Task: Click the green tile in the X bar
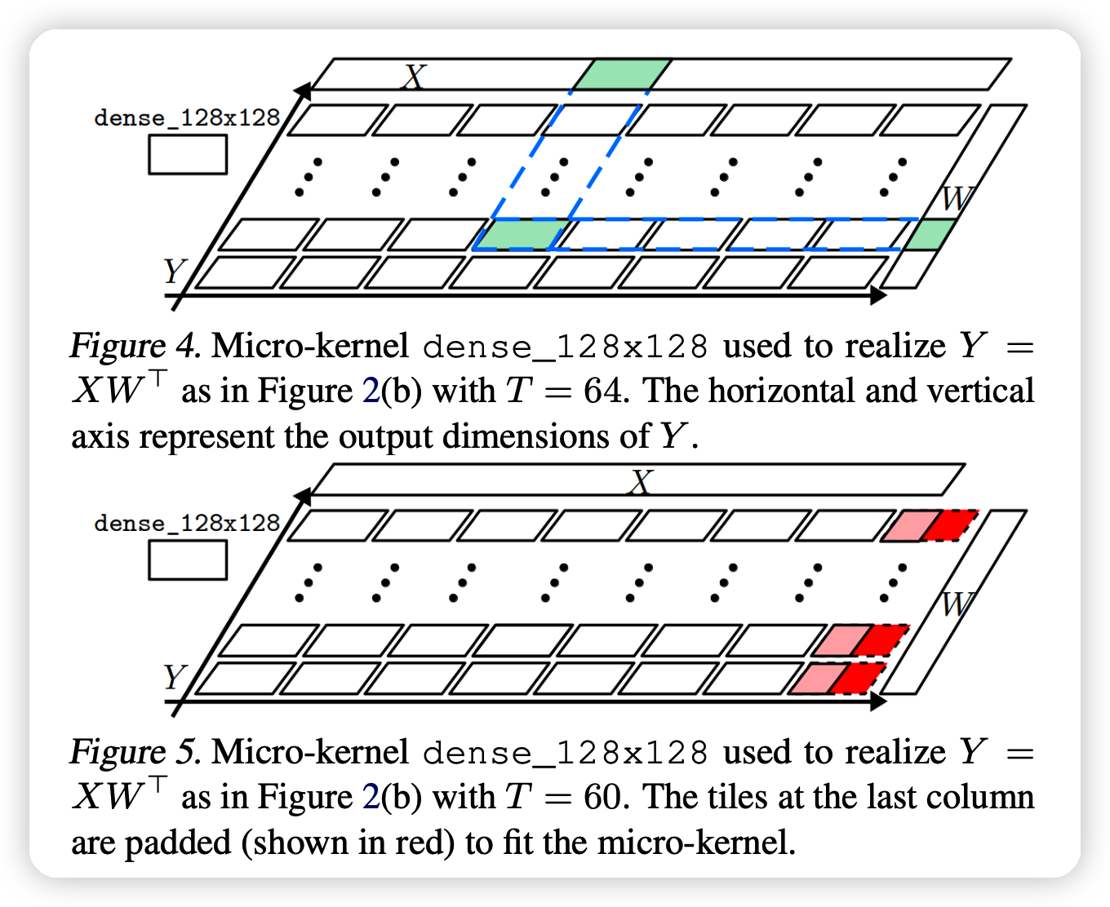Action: [622, 74]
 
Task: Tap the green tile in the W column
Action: [930, 235]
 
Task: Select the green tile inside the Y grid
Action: [521, 235]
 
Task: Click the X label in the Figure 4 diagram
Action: [415, 77]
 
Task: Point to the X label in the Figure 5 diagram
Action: [642, 483]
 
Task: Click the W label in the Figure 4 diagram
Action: [957, 198]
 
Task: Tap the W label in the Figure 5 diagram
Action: [957, 604]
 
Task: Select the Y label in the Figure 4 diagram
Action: [174, 271]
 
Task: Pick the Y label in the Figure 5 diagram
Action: [174, 677]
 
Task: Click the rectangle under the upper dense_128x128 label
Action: [188, 155]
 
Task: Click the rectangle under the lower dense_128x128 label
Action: [188, 560]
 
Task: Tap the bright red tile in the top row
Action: [951, 525]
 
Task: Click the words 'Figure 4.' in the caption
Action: [135, 347]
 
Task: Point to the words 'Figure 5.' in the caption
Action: [135, 752]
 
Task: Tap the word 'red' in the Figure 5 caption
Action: [427, 843]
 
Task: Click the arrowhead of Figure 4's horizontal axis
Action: [879, 295]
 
